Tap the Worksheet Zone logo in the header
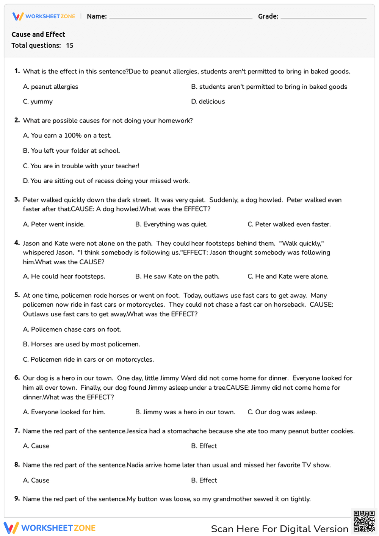click(44, 16)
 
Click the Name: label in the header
click(97, 16)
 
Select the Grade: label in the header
click(268, 16)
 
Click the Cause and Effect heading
click(38, 34)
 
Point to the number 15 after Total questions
click(70, 45)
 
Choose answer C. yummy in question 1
click(38, 102)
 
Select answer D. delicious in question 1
click(208, 102)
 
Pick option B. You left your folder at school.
click(72, 151)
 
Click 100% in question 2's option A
click(73, 136)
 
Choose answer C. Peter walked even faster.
click(289, 224)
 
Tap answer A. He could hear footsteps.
click(64, 277)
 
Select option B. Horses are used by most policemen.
click(81, 345)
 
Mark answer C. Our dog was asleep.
click(282, 412)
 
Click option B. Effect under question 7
click(204, 446)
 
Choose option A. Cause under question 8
click(36, 481)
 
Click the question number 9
click(17, 498)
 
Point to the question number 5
click(17, 295)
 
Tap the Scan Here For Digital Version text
click(280, 529)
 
